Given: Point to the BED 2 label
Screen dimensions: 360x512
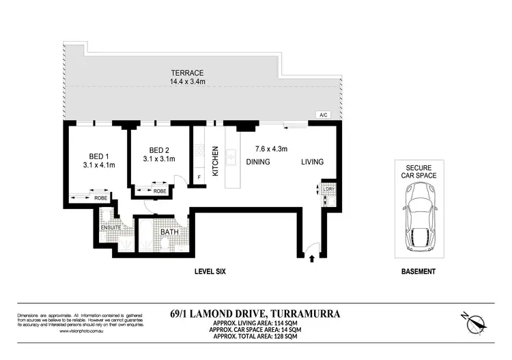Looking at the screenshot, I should pyautogui.click(x=159, y=150).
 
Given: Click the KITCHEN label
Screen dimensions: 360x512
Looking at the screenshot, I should pyautogui.click(x=214, y=161).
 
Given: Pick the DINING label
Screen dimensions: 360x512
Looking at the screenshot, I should pyautogui.click(x=258, y=162).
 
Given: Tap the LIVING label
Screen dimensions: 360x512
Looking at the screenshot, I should pyautogui.click(x=313, y=162).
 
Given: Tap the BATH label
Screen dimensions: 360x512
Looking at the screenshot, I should pyautogui.click(x=169, y=232).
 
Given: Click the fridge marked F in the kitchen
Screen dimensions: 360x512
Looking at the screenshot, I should pyautogui.click(x=199, y=178).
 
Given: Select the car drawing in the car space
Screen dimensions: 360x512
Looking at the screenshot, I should pyautogui.click(x=417, y=217).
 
